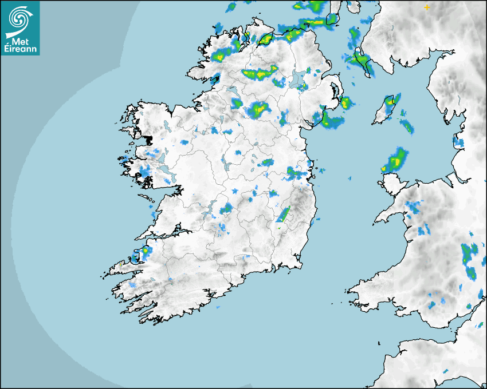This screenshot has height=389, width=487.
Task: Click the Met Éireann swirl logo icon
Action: click(20, 19)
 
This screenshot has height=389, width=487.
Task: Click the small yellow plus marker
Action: click(427, 7)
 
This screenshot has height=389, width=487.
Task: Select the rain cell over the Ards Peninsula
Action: click(345, 103)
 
